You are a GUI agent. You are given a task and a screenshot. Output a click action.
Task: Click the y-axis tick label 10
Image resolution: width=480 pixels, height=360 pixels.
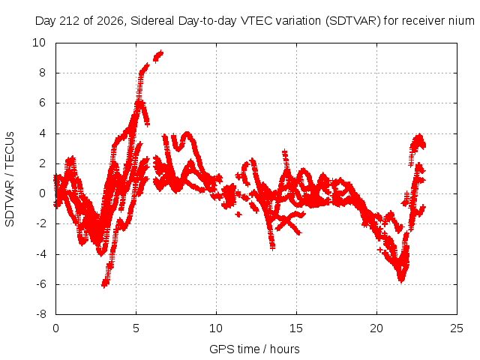39,43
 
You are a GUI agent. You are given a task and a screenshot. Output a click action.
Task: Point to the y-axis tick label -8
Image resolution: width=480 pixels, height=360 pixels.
41,314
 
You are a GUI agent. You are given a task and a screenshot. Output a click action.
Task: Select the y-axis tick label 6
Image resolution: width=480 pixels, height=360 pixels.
42,103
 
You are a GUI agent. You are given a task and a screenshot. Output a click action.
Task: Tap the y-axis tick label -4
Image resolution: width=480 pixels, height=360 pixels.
41,254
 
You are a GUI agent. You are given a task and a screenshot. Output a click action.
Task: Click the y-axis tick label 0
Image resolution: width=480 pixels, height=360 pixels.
42,193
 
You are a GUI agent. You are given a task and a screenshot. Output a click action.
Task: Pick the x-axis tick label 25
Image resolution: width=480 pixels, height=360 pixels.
457,328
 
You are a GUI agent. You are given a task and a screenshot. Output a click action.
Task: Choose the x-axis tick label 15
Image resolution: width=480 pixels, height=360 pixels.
296,328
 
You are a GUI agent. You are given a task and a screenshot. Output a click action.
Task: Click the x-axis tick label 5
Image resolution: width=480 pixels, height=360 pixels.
136,328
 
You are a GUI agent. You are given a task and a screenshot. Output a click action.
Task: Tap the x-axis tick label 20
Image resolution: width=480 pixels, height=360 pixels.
376,328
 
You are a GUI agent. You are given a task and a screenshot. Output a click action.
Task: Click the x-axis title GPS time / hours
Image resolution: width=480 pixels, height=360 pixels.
254,349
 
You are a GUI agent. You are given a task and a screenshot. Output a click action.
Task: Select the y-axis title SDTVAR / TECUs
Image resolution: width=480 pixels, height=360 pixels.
10,179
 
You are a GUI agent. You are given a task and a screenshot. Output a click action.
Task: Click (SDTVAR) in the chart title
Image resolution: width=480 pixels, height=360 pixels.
353,21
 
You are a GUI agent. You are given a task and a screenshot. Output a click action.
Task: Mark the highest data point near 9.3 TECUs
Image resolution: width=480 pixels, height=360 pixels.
161,53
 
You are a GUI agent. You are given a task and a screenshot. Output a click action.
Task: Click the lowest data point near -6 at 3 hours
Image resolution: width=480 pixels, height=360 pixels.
104,285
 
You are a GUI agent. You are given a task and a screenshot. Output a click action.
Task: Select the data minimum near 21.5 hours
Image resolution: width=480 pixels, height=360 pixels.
401,279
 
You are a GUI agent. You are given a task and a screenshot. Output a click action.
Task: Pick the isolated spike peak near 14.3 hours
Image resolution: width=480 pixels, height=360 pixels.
285,151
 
